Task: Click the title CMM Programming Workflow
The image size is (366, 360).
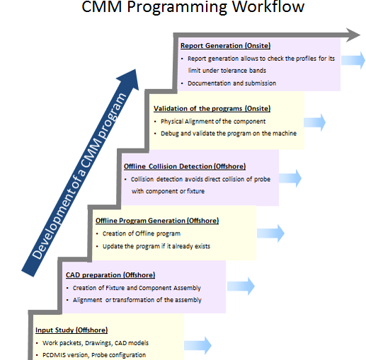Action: pos(193,6)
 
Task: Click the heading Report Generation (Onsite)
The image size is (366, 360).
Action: pos(225,45)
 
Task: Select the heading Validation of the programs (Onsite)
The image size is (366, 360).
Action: pos(212,108)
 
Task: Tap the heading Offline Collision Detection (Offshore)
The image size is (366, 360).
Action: pos(185,166)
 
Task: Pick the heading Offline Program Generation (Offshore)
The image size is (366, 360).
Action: pos(157,221)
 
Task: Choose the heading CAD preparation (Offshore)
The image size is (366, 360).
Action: pos(110,275)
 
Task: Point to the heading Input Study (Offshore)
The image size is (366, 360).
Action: pos(72,330)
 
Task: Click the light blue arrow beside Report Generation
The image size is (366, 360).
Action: pos(353,60)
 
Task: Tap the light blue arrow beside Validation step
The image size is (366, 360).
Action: pos(314,122)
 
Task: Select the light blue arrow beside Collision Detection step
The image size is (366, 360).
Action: pos(290,178)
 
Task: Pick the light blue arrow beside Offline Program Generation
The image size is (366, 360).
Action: pos(270,233)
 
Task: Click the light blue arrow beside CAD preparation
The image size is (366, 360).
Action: pos(241,286)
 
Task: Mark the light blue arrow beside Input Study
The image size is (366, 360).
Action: pos(198,346)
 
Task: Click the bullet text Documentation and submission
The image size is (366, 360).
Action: pos(231,83)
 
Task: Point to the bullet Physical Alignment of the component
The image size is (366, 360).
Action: pos(213,122)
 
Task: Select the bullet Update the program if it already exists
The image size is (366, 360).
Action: pos(156,246)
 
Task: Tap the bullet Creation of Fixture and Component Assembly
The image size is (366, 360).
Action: pos(137,288)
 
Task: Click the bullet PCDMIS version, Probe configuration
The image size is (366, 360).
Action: pos(94,355)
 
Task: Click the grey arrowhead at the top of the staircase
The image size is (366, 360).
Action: pos(353,35)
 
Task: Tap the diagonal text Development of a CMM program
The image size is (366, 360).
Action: pos(79,175)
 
